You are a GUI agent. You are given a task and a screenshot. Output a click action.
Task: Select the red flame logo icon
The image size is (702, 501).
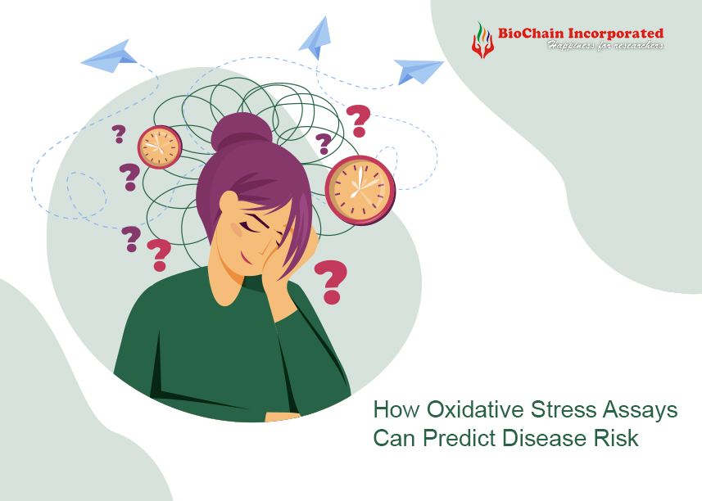click(x=482, y=40)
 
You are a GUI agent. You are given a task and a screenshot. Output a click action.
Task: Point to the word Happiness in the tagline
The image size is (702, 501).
click(x=571, y=45)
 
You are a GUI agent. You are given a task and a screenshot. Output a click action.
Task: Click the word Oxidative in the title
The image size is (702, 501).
click(x=475, y=409)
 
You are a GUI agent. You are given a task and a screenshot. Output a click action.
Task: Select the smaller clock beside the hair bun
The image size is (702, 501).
click(x=160, y=147)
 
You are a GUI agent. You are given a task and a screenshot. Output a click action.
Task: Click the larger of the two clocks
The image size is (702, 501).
click(x=360, y=190)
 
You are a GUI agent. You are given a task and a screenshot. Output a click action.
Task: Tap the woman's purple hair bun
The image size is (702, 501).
click(x=242, y=131)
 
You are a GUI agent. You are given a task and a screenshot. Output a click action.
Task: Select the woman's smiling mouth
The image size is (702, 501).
click(x=247, y=259)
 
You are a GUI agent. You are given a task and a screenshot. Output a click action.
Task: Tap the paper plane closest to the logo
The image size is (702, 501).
click(x=419, y=71)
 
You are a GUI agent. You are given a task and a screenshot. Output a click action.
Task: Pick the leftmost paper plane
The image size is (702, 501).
click(x=109, y=56)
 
